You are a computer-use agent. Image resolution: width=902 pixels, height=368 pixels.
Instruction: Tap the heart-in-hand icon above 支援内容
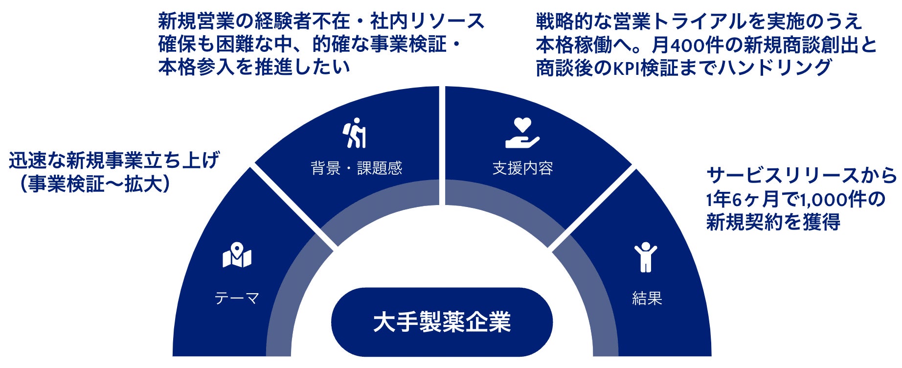pyautogui.click(x=522, y=133)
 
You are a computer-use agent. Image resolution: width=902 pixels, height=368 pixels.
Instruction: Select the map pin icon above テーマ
pyautogui.click(x=237, y=255)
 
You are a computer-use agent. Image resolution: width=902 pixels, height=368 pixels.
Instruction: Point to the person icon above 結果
pyautogui.click(x=646, y=257)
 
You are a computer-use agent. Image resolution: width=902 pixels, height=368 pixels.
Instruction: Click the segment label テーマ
pyautogui.click(x=237, y=298)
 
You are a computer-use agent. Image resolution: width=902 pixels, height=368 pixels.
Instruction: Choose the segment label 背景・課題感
pyautogui.click(x=356, y=168)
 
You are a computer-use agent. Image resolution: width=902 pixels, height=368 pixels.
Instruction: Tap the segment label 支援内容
pyautogui.click(x=522, y=168)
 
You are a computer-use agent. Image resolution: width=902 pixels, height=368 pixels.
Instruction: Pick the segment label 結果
pyautogui.click(x=647, y=298)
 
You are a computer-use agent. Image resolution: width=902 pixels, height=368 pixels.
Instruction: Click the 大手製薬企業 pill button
pyautogui.click(x=442, y=322)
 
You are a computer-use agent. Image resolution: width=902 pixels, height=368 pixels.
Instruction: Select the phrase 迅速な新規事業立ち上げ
pyautogui.click(x=114, y=161)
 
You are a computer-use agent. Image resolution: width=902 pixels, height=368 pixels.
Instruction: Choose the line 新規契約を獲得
pyautogui.click(x=773, y=223)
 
